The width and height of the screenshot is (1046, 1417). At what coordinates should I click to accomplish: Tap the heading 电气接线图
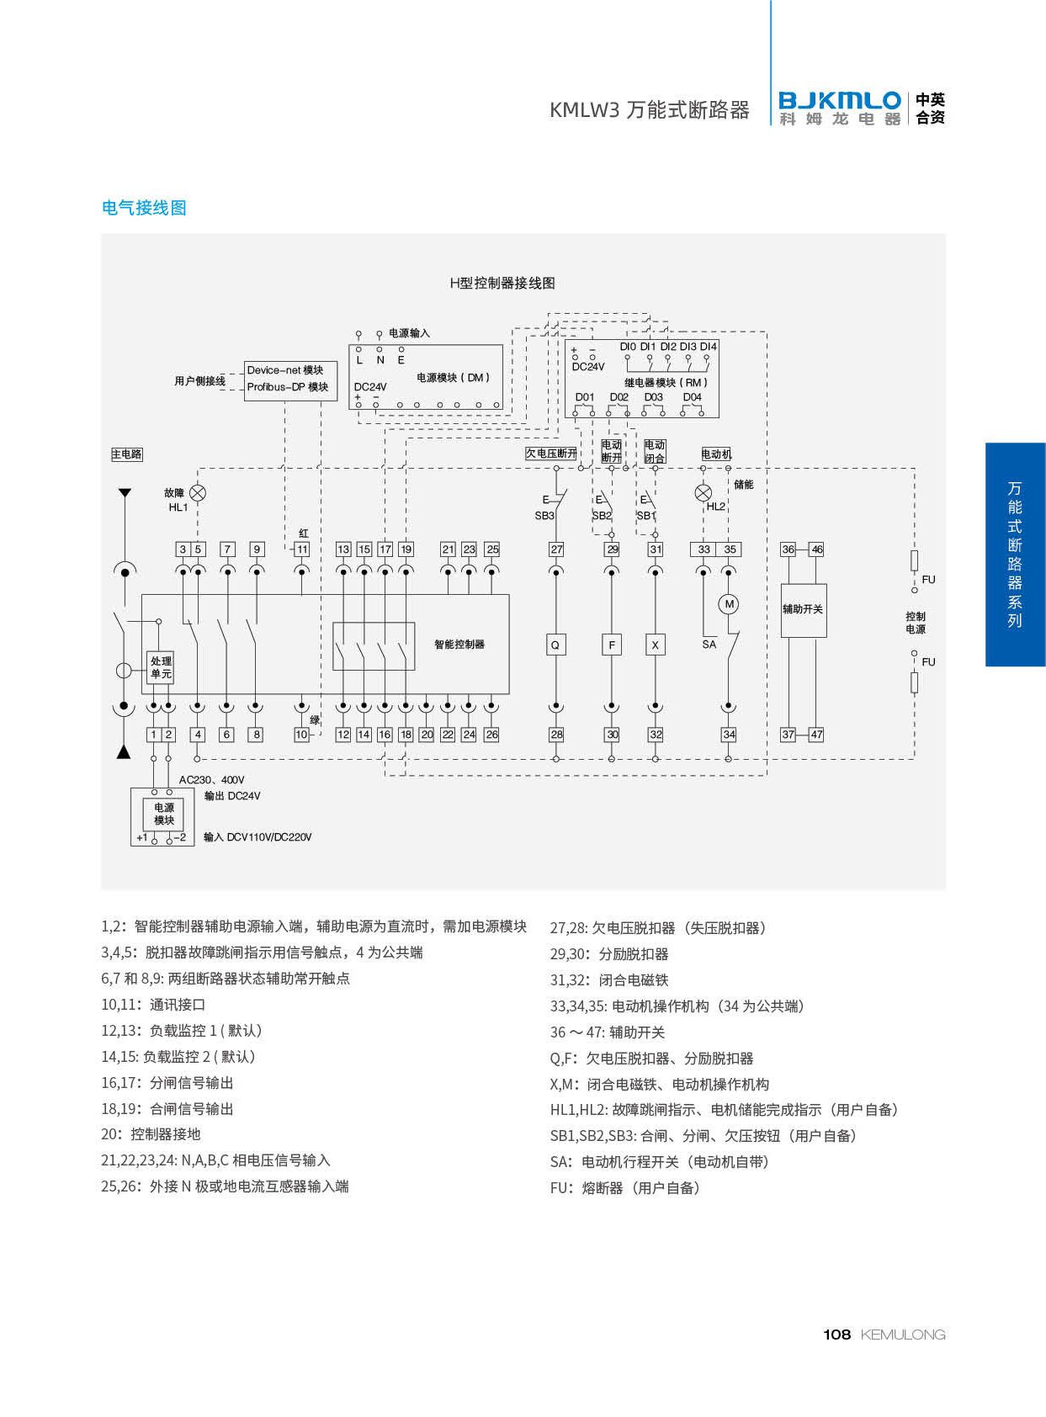click(x=144, y=208)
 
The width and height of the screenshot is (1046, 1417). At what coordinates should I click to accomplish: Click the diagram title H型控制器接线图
click(x=502, y=283)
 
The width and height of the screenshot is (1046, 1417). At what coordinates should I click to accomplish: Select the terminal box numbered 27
click(x=556, y=549)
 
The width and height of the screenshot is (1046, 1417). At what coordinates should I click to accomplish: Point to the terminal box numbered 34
click(x=729, y=735)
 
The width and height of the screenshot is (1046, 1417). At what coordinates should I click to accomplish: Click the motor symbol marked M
click(x=729, y=604)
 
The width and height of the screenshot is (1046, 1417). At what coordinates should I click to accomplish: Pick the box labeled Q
click(x=555, y=645)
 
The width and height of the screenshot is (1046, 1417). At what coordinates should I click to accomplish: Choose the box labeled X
click(x=655, y=645)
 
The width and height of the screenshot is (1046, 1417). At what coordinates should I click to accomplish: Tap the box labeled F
click(x=612, y=645)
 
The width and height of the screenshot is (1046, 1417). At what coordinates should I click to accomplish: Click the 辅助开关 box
click(x=804, y=610)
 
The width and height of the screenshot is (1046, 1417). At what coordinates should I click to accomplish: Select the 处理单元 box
click(x=161, y=667)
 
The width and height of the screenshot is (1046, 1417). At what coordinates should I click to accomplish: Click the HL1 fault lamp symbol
click(x=198, y=493)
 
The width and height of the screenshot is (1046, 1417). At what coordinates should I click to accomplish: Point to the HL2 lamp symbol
click(x=704, y=493)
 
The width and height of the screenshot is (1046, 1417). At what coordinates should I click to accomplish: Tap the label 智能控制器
click(x=459, y=645)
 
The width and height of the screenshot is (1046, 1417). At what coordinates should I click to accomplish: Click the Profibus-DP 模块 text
click(x=288, y=387)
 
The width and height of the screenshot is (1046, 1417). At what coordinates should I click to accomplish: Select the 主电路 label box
click(x=127, y=454)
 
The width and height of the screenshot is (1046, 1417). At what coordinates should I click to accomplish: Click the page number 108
click(x=836, y=1335)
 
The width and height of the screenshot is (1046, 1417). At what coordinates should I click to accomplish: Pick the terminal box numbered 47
click(x=816, y=735)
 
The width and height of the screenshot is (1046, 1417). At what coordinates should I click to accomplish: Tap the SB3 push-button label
click(x=544, y=516)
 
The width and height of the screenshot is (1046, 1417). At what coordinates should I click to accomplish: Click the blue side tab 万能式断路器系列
click(x=1015, y=555)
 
